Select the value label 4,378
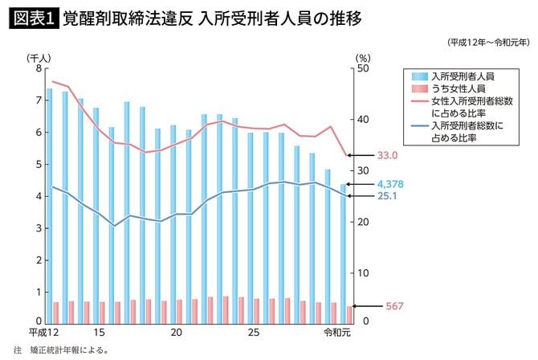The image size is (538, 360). click(x=389, y=185)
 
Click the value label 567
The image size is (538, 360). click(x=381, y=306)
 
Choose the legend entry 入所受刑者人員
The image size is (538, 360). click(x=462, y=75)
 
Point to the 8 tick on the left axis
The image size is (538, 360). click(x=38, y=68)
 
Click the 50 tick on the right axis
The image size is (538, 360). click(x=362, y=68)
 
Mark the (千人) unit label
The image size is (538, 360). click(x=39, y=57)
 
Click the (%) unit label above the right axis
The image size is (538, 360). click(x=362, y=57)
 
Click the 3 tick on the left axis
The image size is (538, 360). click(x=38, y=229)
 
